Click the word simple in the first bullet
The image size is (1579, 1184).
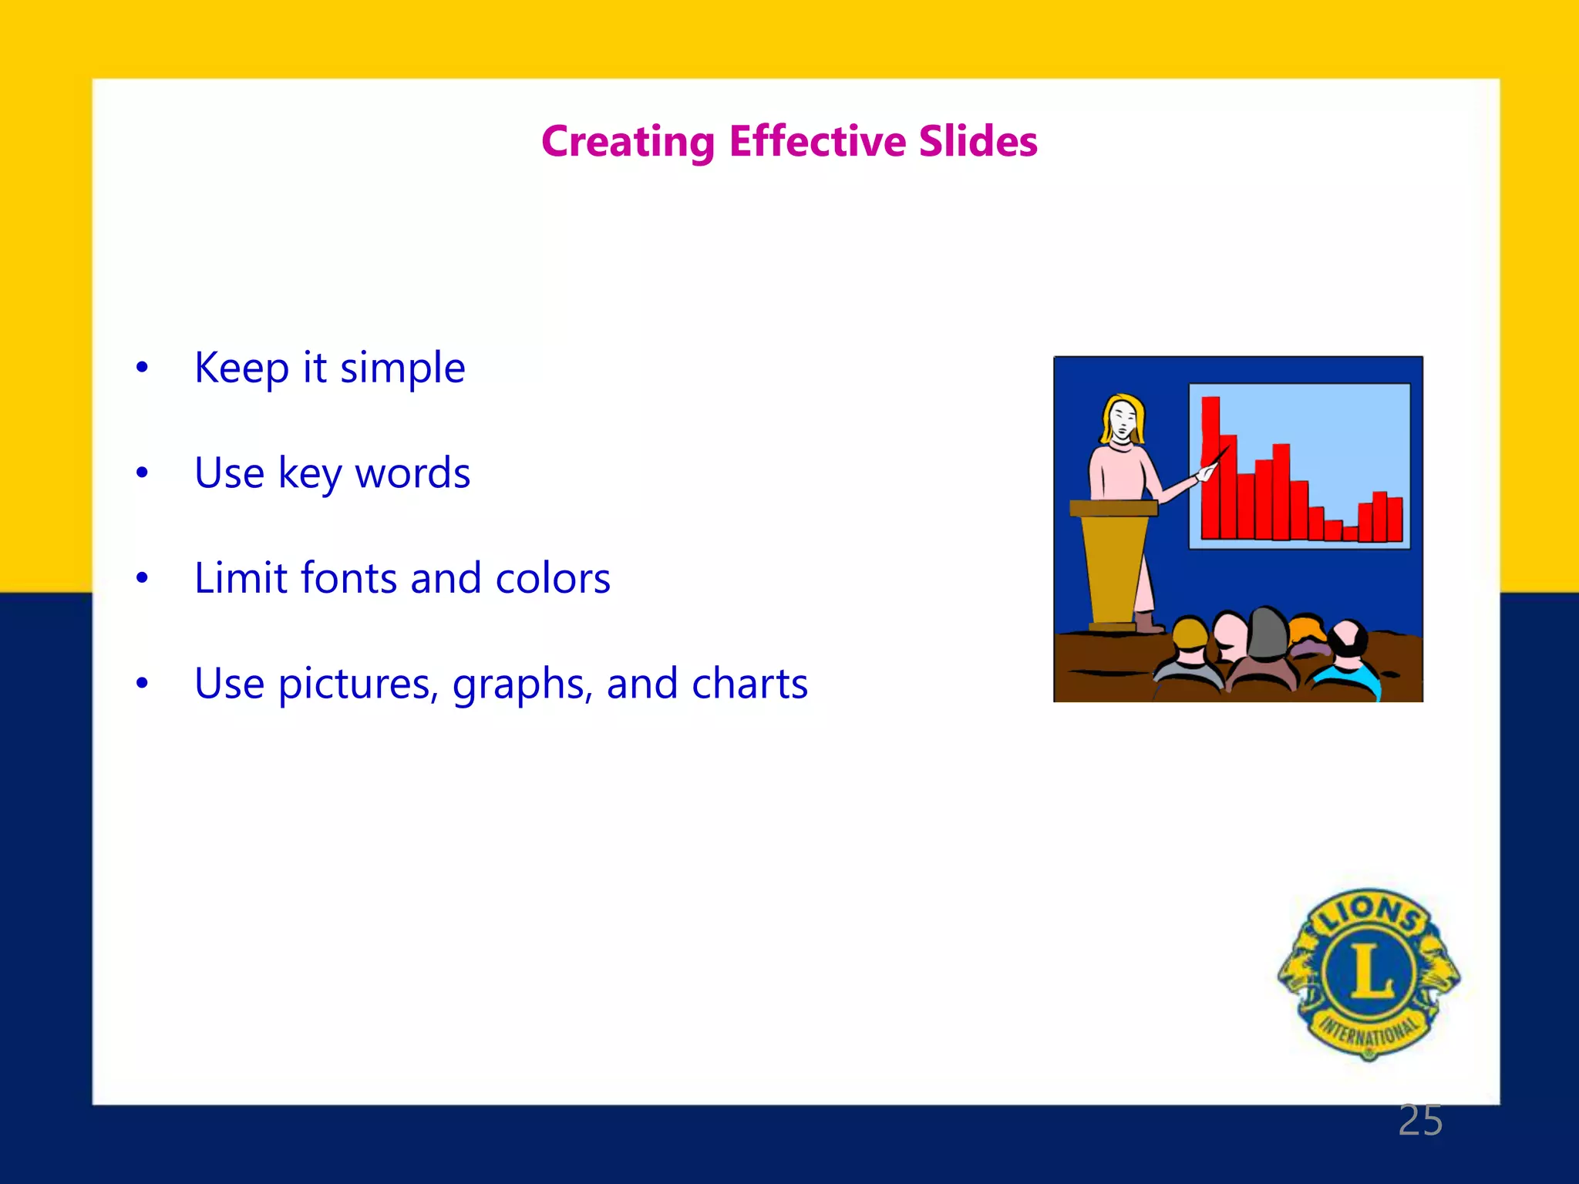(402, 369)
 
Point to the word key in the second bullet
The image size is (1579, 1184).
(309, 474)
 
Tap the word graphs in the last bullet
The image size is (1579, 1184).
(522, 685)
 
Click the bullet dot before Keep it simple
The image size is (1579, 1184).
(142, 368)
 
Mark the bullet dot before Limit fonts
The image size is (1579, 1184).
(142, 578)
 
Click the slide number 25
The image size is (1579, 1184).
(1420, 1120)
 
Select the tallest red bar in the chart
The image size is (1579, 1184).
(1210, 462)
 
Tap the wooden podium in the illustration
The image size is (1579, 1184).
(1114, 563)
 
